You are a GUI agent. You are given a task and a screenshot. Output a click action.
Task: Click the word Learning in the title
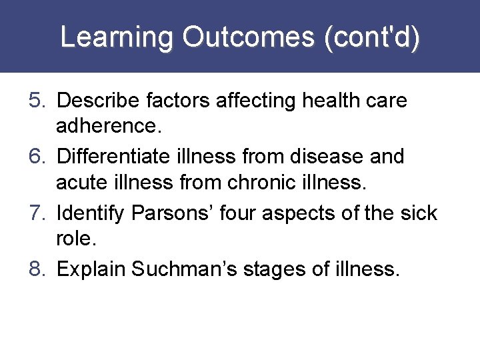(x=117, y=37)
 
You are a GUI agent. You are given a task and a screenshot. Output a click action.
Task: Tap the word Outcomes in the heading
(x=249, y=37)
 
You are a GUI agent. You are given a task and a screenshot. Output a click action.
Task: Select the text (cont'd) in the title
(x=371, y=37)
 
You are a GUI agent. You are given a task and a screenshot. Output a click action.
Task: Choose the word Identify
(x=91, y=213)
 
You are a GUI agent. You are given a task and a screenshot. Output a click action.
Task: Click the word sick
(x=419, y=213)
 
